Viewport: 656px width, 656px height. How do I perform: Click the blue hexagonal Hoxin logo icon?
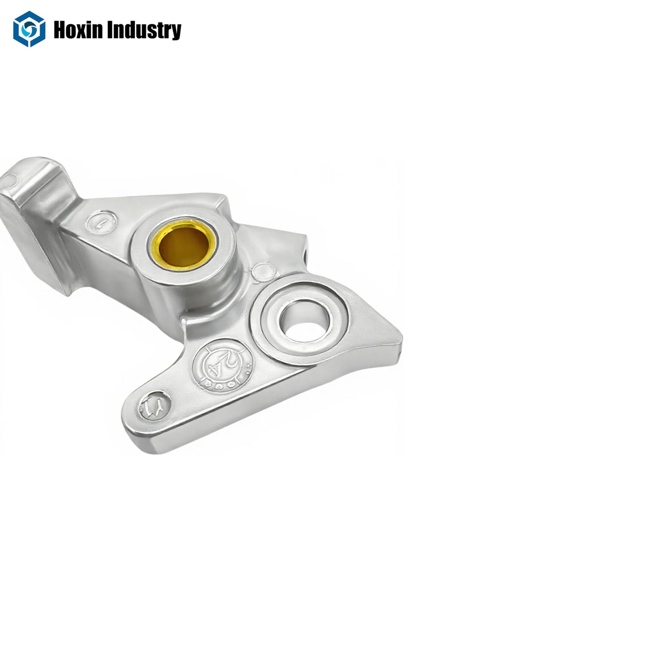[29, 29]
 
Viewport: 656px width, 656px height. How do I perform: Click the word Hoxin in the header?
[75, 30]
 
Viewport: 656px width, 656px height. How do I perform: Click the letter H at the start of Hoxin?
[59, 30]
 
